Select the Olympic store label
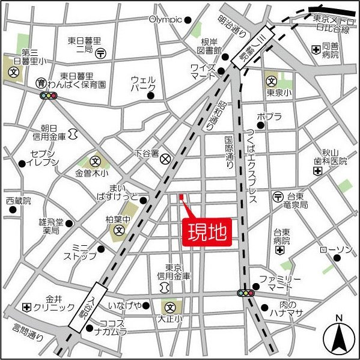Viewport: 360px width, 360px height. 165,19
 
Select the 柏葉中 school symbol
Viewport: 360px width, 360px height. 119,230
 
